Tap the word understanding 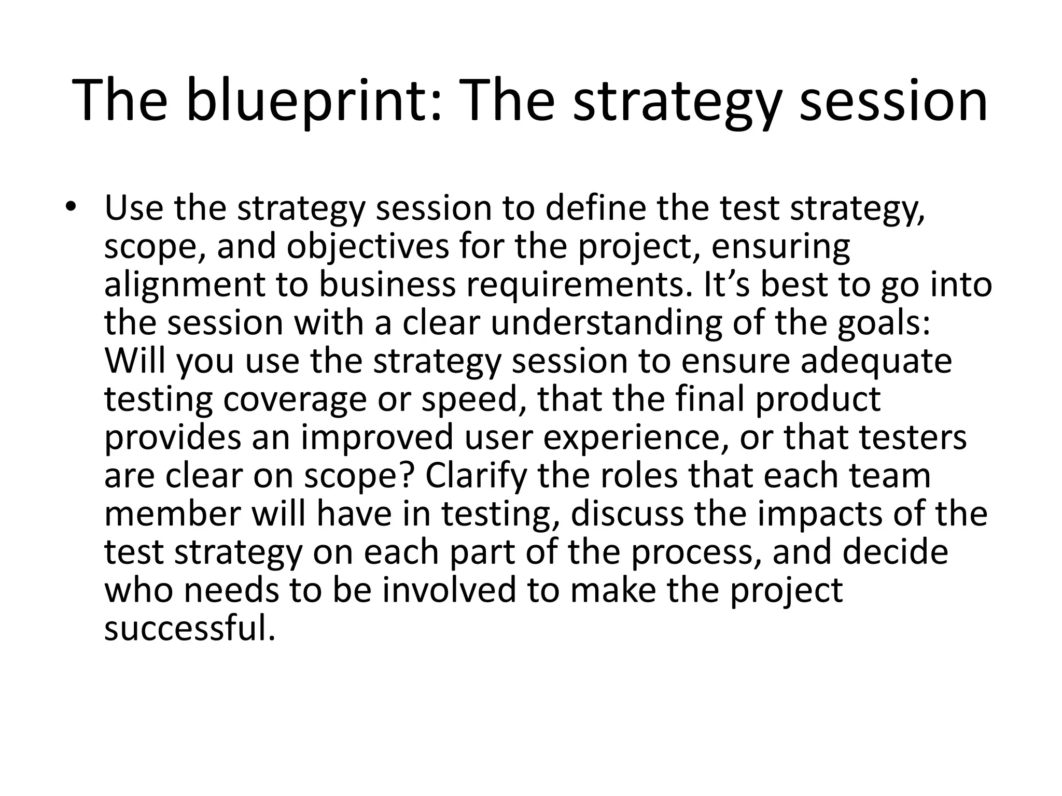click(x=606, y=322)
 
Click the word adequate click(x=876, y=361)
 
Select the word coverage click(x=295, y=399)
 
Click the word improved click(x=377, y=437)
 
